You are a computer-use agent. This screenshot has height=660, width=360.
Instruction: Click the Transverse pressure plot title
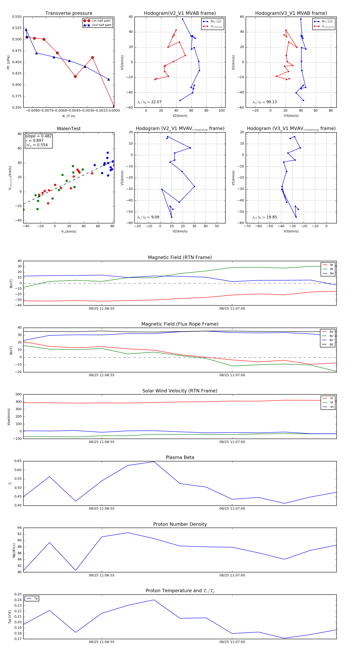tap(69, 13)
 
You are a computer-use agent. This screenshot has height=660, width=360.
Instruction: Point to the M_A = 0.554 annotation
tap(37, 145)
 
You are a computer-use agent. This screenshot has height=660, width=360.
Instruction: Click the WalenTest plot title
tap(69, 129)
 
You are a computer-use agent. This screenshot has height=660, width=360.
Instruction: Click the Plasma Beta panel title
tap(180, 458)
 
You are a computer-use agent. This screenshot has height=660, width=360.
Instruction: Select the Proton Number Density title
tap(180, 524)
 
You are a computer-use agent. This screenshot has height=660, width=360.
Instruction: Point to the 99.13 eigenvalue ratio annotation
tap(271, 102)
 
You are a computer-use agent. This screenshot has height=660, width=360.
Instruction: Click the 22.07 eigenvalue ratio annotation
tap(156, 102)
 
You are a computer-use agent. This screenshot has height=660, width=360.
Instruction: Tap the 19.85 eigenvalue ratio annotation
tap(271, 217)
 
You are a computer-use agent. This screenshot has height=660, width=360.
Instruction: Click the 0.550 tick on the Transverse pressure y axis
tap(17, 17)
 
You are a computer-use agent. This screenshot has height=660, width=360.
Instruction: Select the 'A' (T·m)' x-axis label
tap(69, 116)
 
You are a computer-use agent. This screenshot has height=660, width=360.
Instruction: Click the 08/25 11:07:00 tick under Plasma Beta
tap(232, 509)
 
